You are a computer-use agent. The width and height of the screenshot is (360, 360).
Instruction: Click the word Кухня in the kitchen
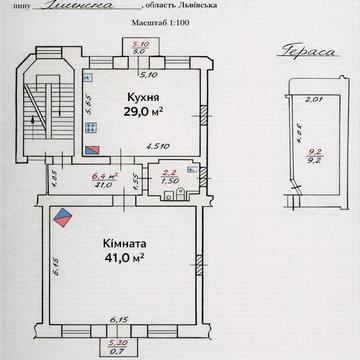click(x=139, y=96)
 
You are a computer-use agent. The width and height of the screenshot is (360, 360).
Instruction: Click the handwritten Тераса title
click(x=300, y=55)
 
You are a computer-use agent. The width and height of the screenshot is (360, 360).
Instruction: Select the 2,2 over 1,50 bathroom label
click(x=170, y=177)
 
